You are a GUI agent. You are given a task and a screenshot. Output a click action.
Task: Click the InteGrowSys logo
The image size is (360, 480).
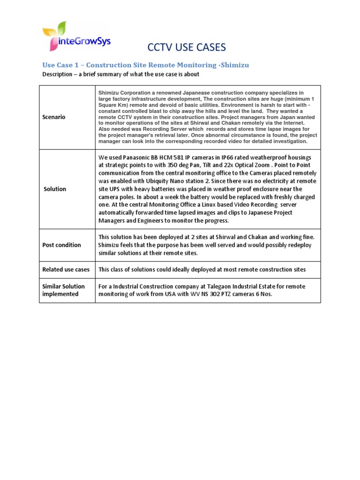76,37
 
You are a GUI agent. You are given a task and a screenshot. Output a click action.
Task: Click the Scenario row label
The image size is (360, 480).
54,117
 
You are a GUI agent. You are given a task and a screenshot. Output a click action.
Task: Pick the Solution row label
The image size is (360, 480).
55,189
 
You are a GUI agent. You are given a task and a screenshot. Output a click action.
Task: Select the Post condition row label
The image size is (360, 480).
61,245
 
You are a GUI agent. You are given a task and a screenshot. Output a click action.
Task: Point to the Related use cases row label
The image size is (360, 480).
66,270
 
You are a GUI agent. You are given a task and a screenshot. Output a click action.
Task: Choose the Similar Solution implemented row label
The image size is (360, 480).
63,290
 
